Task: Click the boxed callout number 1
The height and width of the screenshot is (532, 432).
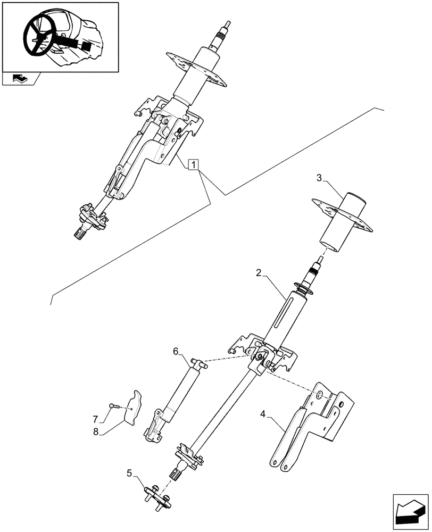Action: click(194, 165)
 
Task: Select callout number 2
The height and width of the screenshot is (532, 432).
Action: click(258, 273)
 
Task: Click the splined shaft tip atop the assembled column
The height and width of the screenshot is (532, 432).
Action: click(227, 26)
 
